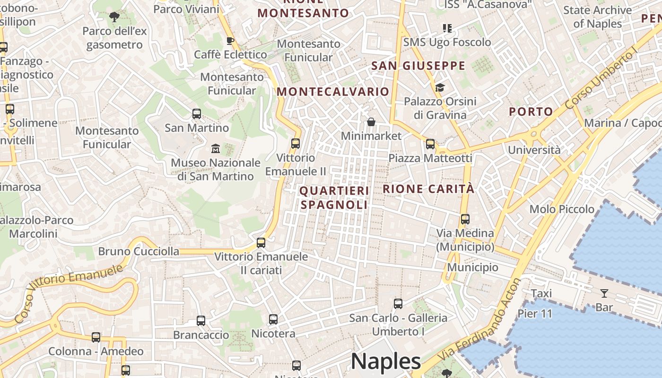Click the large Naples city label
click(x=385, y=361)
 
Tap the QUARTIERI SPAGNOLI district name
click(x=334, y=198)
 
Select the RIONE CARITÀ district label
click(x=428, y=189)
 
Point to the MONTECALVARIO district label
click(x=333, y=92)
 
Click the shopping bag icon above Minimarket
click(x=371, y=122)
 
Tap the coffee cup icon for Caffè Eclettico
click(x=230, y=41)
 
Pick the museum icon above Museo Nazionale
click(x=216, y=149)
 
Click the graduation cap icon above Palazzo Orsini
click(x=440, y=87)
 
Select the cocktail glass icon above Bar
click(x=604, y=293)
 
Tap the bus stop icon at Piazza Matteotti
click(x=430, y=144)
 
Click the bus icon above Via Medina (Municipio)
click(x=465, y=219)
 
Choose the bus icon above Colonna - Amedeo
click(x=96, y=337)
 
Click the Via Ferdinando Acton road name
click(x=480, y=321)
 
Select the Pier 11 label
click(x=535, y=313)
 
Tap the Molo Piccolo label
click(x=562, y=209)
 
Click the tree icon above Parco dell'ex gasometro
click(x=114, y=17)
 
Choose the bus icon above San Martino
click(x=197, y=114)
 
